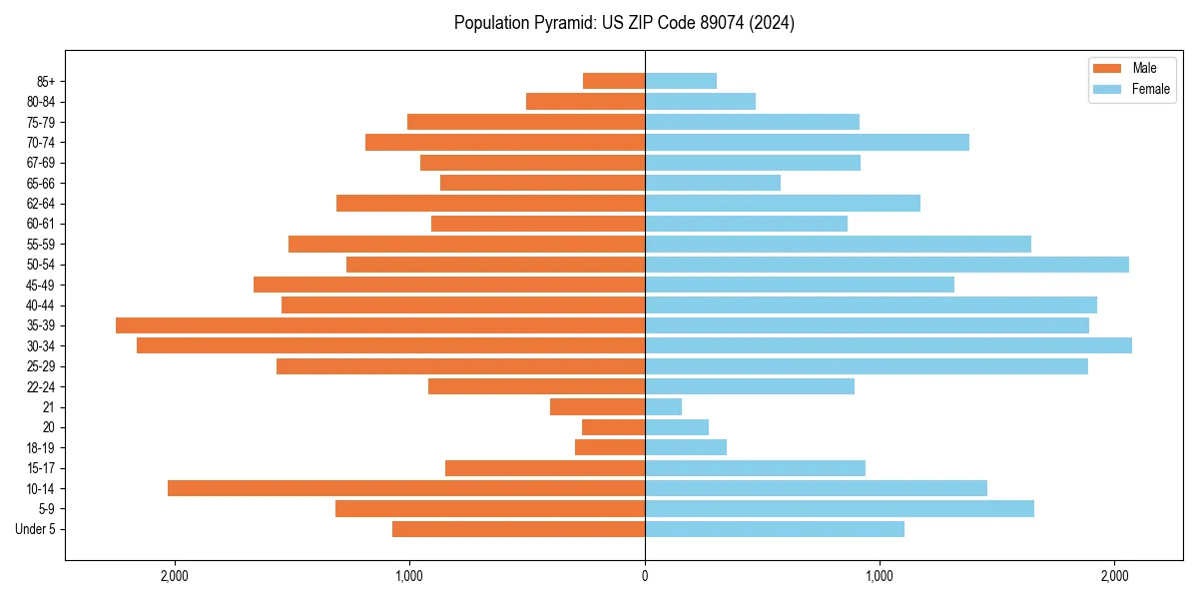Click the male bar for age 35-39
[380, 325]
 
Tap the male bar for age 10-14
[406, 488]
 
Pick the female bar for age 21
[664, 407]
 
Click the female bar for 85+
[681, 81]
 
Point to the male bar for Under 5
[518, 529]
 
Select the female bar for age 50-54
[887, 265]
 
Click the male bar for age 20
[613, 427]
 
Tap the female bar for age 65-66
[713, 183]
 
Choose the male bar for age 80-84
[585, 101]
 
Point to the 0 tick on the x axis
[645, 576]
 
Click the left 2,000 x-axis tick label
[175, 576]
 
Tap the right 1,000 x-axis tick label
[880, 576]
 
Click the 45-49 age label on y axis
[41, 285]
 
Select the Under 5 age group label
[35, 529]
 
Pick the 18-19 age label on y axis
[41, 448]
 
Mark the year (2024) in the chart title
[775, 23]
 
